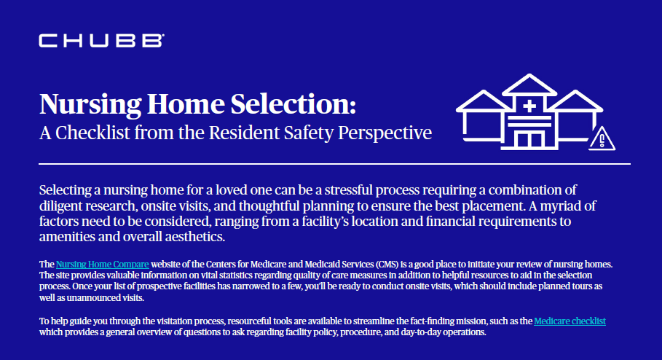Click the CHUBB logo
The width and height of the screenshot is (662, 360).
(x=101, y=41)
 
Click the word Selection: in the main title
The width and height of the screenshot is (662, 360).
(x=295, y=104)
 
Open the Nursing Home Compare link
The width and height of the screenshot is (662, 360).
(x=103, y=263)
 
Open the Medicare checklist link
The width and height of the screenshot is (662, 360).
(x=570, y=321)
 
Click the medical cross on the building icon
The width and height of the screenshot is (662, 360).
(x=529, y=107)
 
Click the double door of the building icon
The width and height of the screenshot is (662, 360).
(x=529, y=139)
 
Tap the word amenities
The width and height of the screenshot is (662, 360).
(x=68, y=238)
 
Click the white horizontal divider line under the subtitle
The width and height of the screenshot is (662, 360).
(x=335, y=164)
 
